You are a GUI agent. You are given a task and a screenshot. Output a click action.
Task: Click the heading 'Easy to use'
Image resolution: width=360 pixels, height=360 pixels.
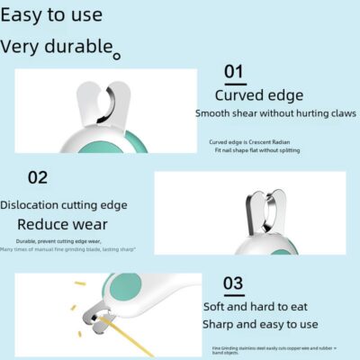(51, 15)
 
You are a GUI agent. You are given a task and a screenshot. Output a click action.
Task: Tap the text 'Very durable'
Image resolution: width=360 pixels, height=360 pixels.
(57, 47)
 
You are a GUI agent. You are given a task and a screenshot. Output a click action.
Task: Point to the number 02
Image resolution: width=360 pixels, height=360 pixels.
(37, 176)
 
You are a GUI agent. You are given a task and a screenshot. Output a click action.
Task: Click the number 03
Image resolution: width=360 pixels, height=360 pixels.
(233, 284)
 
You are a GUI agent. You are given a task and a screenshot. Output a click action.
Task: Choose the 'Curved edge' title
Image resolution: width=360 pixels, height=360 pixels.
(259, 95)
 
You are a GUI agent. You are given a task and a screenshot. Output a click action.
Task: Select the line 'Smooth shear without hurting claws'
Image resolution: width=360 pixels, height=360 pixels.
(274, 113)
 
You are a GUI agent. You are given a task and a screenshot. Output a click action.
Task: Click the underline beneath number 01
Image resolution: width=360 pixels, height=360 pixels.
(233, 82)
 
